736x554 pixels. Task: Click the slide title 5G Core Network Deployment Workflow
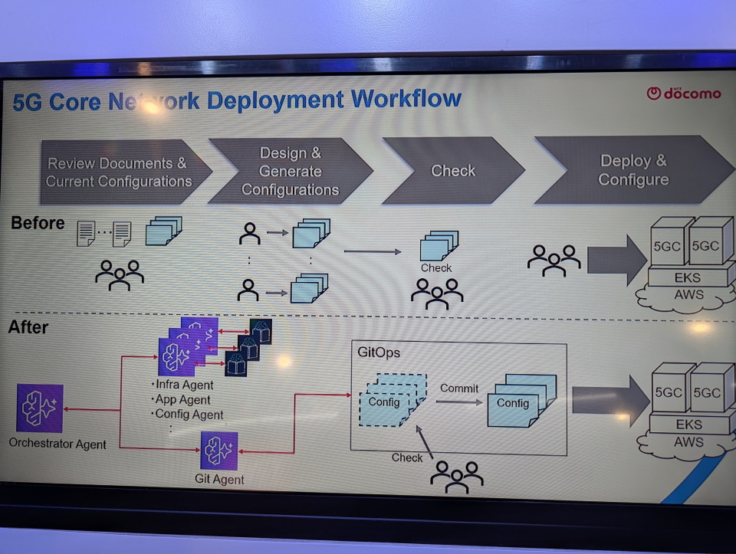coord(237,100)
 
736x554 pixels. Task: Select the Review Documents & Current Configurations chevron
coord(120,172)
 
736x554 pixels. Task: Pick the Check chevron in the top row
coord(453,171)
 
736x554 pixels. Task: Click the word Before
coord(38,223)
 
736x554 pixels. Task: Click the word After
coord(28,327)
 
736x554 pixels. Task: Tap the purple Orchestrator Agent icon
coord(40,408)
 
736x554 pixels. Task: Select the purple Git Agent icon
coord(219,450)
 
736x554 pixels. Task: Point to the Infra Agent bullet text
coord(184,385)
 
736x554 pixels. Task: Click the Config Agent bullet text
coord(189,415)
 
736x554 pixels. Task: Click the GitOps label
coord(379,354)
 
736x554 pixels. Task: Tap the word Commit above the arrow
coord(459,388)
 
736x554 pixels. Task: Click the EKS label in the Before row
coord(688,277)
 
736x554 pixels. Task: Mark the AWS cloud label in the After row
coord(688,442)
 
